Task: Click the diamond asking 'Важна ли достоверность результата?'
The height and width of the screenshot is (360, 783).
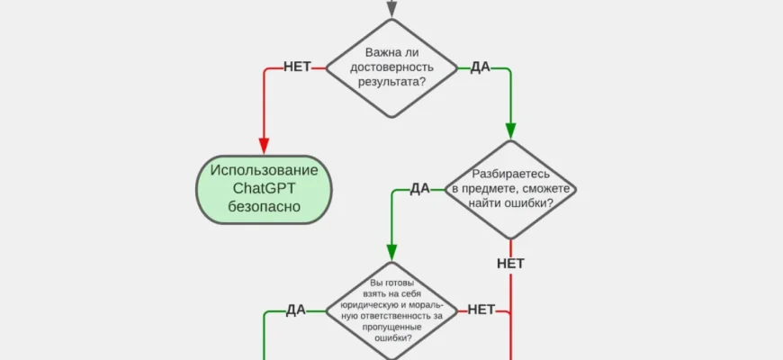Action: [x=391, y=67]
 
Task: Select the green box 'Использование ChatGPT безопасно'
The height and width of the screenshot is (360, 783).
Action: [x=264, y=189]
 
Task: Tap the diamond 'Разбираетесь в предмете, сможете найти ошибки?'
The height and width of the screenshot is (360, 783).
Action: [x=510, y=189]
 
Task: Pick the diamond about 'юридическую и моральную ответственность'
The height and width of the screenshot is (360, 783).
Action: [x=391, y=310]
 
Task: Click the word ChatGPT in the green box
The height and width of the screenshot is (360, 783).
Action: [x=264, y=189]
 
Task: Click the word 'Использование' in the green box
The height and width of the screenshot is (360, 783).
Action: [x=264, y=170]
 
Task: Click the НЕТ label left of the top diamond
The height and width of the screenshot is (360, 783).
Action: [x=297, y=67]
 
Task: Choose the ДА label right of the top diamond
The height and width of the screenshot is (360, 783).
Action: [x=480, y=67]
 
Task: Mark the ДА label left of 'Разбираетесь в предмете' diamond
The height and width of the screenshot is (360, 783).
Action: [x=419, y=189]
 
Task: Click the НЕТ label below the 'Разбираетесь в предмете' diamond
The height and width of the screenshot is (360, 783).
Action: [x=510, y=264]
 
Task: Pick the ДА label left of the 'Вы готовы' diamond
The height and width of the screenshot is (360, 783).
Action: [x=296, y=310]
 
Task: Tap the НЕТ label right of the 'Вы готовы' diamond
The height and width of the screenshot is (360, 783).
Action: [x=481, y=310]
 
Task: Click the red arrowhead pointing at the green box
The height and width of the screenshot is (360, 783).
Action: [x=264, y=146]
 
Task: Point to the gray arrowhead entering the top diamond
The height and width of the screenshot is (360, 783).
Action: [x=391, y=10]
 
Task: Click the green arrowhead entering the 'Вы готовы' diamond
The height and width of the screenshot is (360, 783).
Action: [x=391, y=251]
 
